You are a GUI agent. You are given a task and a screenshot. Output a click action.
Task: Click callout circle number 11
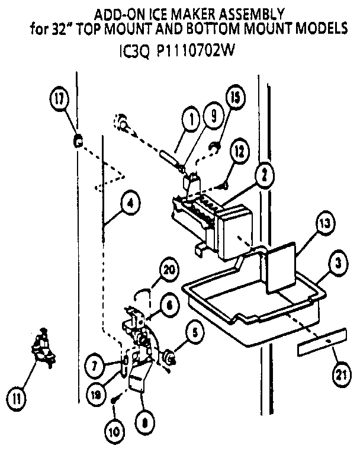[x=20, y=398]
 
